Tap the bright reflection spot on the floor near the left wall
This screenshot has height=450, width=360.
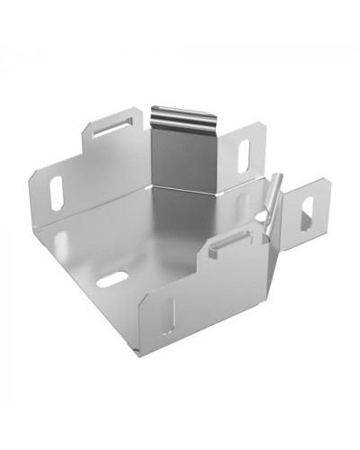pos(66,238)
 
